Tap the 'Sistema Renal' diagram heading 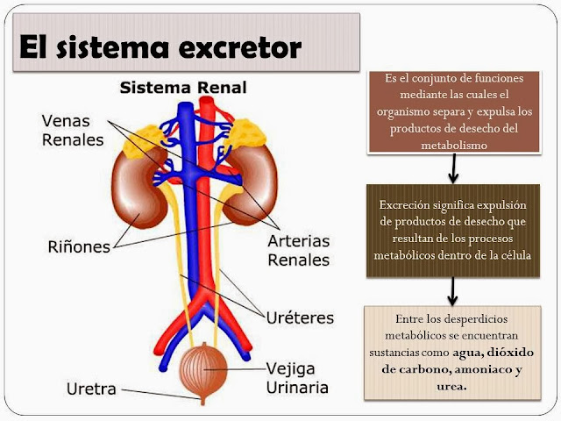coord(182,88)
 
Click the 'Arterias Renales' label coord(298,248)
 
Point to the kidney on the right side coord(252,183)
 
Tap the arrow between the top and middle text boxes coord(452,166)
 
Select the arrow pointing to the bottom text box coord(452,289)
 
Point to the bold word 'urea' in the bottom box coord(451,387)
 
